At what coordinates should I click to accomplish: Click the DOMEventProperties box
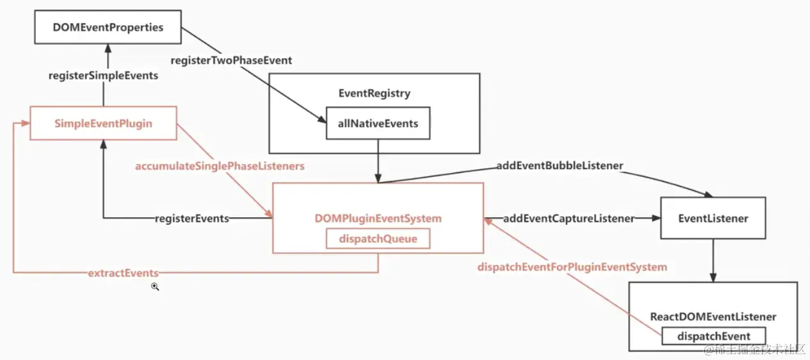tap(108, 28)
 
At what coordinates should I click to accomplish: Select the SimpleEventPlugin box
tap(103, 123)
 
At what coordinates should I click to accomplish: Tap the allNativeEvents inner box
tap(378, 124)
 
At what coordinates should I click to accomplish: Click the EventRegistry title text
tap(374, 94)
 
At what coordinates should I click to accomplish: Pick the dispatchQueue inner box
tap(378, 239)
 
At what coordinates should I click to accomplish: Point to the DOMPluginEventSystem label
tap(378, 218)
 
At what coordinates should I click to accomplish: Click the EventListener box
tap(713, 218)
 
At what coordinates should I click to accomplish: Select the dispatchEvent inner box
tap(714, 336)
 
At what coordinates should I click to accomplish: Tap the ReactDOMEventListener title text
tap(713, 316)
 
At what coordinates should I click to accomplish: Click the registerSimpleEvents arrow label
tap(103, 76)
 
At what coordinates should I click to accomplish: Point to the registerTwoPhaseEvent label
tap(231, 60)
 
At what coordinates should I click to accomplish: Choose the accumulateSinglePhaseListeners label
tap(220, 166)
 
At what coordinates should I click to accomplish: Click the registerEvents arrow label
tap(192, 218)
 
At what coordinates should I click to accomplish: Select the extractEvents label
tap(123, 274)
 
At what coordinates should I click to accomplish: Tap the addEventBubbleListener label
tap(560, 166)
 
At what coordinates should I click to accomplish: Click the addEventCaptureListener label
tap(569, 218)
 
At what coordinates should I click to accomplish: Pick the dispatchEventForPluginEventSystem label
tap(572, 266)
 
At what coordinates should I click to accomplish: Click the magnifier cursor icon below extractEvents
tap(154, 287)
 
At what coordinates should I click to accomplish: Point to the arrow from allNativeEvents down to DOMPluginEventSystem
tap(378, 161)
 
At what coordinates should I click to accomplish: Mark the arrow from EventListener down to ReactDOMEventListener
tap(713, 260)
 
